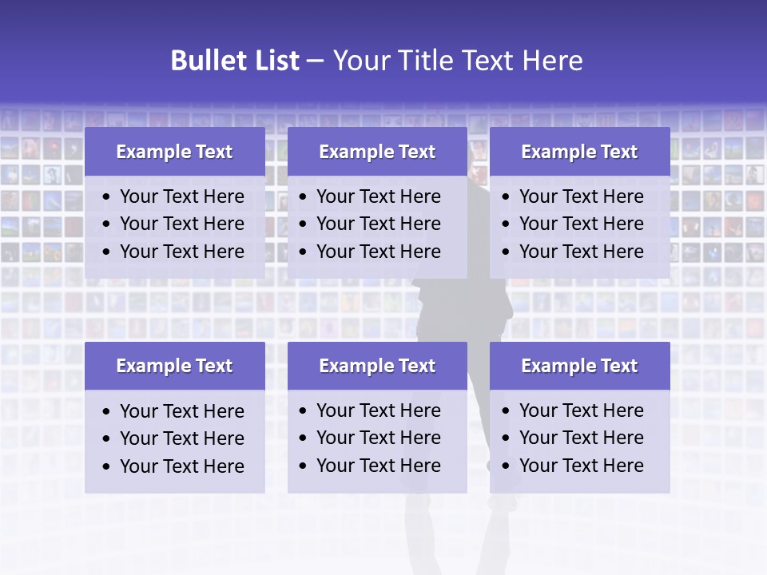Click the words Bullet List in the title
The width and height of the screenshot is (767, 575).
click(x=235, y=61)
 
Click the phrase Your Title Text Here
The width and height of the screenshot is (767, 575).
click(x=457, y=61)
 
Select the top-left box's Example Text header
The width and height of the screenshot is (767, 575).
click(x=174, y=152)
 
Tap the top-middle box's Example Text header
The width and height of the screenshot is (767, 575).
click(x=377, y=152)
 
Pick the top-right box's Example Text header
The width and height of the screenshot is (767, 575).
click(x=579, y=152)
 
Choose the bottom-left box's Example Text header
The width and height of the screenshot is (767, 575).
click(x=174, y=366)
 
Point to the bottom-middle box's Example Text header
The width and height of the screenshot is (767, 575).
click(x=377, y=366)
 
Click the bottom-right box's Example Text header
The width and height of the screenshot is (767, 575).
click(x=579, y=366)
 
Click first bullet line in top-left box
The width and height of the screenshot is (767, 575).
click(x=182, y=196)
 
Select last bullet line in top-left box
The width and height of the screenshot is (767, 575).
click(x=182, y=252)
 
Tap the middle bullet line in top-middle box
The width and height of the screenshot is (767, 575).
click(x=379, y=224)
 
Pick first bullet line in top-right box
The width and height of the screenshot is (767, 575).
click(x=581, y=196)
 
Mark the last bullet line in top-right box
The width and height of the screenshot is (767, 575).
click(x=581, y=252)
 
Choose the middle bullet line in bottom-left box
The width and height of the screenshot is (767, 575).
click(x=182, y=438)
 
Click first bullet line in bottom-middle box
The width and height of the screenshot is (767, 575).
click(x=379, y=410)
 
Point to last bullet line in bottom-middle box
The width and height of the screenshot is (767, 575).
click(x=379, y=466)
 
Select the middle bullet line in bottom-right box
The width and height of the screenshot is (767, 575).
click(x=581, y=438)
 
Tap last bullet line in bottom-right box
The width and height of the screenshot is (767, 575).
click(x=581, y=466)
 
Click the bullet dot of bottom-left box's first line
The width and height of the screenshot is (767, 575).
click(x=107, y=412)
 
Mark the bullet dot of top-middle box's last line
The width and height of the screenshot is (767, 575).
click(x=304, y=252)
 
